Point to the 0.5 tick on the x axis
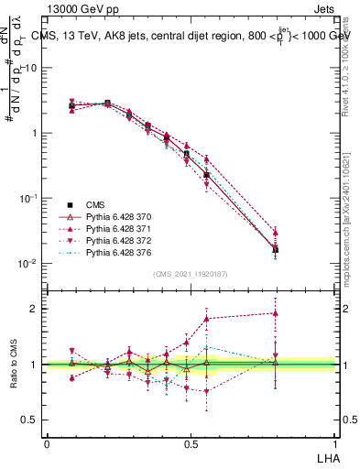[191, 443]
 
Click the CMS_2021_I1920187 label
[190, 273]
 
